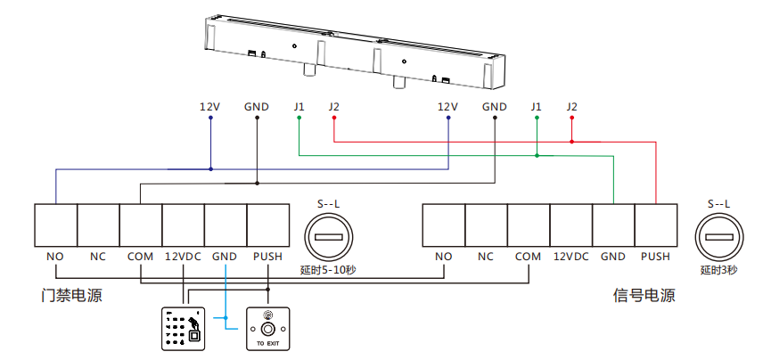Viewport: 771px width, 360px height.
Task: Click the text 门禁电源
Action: tap(71, 295)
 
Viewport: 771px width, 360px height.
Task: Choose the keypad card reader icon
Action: tap(184, 329)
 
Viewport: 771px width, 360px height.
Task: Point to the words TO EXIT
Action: tap(268, 343)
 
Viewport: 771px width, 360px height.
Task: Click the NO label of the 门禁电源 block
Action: tap(55, 257)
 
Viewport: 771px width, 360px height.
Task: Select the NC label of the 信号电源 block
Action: tap(486, 257)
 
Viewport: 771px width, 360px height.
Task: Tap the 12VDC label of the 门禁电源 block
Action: tap(183, 257)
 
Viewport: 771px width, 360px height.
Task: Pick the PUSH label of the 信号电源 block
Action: tap(655, 257)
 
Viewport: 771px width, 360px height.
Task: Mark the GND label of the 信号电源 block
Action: tap(613, 257)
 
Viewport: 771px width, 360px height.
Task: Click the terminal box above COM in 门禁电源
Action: tap(141, 225)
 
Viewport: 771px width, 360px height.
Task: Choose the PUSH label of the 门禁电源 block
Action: tap(267, 257)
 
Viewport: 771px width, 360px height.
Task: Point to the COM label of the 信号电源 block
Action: tap(528, 257)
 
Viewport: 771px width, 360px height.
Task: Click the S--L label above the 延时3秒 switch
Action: tap(718, 204)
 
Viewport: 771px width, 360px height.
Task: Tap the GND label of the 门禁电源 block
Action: tap(225, 257)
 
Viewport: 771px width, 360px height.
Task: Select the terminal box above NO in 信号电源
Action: tap(443, 225)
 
